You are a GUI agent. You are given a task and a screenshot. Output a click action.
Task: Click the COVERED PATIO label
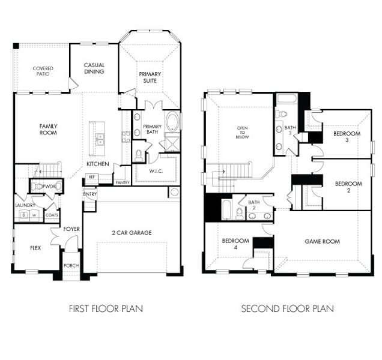[43, 71]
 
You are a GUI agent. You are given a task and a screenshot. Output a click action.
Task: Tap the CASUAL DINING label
[94, 68]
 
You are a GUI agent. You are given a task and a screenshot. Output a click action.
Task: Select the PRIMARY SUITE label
[150, 77]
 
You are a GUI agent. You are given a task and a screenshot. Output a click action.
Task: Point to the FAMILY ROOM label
[48, 129]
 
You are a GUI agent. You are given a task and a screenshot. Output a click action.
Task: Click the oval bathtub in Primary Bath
[172, 122]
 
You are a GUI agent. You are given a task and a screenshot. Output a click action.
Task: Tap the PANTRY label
[123, 182]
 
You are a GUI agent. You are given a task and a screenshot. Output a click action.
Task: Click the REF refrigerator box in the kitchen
[92, 177]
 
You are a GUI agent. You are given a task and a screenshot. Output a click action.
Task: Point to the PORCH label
[71, 266]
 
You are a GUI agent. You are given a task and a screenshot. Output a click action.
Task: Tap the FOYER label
[71, 229]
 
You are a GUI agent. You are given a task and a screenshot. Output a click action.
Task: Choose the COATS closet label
[52, 214]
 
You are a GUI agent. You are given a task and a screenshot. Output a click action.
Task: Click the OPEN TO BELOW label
[242, 133]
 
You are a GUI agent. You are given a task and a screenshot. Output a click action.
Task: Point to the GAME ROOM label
[322, 241]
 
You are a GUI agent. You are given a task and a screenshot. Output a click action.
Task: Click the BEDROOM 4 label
[231, 244]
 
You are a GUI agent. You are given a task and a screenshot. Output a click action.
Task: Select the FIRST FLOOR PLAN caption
[106, 309]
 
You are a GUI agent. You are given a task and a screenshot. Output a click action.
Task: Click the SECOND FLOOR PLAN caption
[288, 309]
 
